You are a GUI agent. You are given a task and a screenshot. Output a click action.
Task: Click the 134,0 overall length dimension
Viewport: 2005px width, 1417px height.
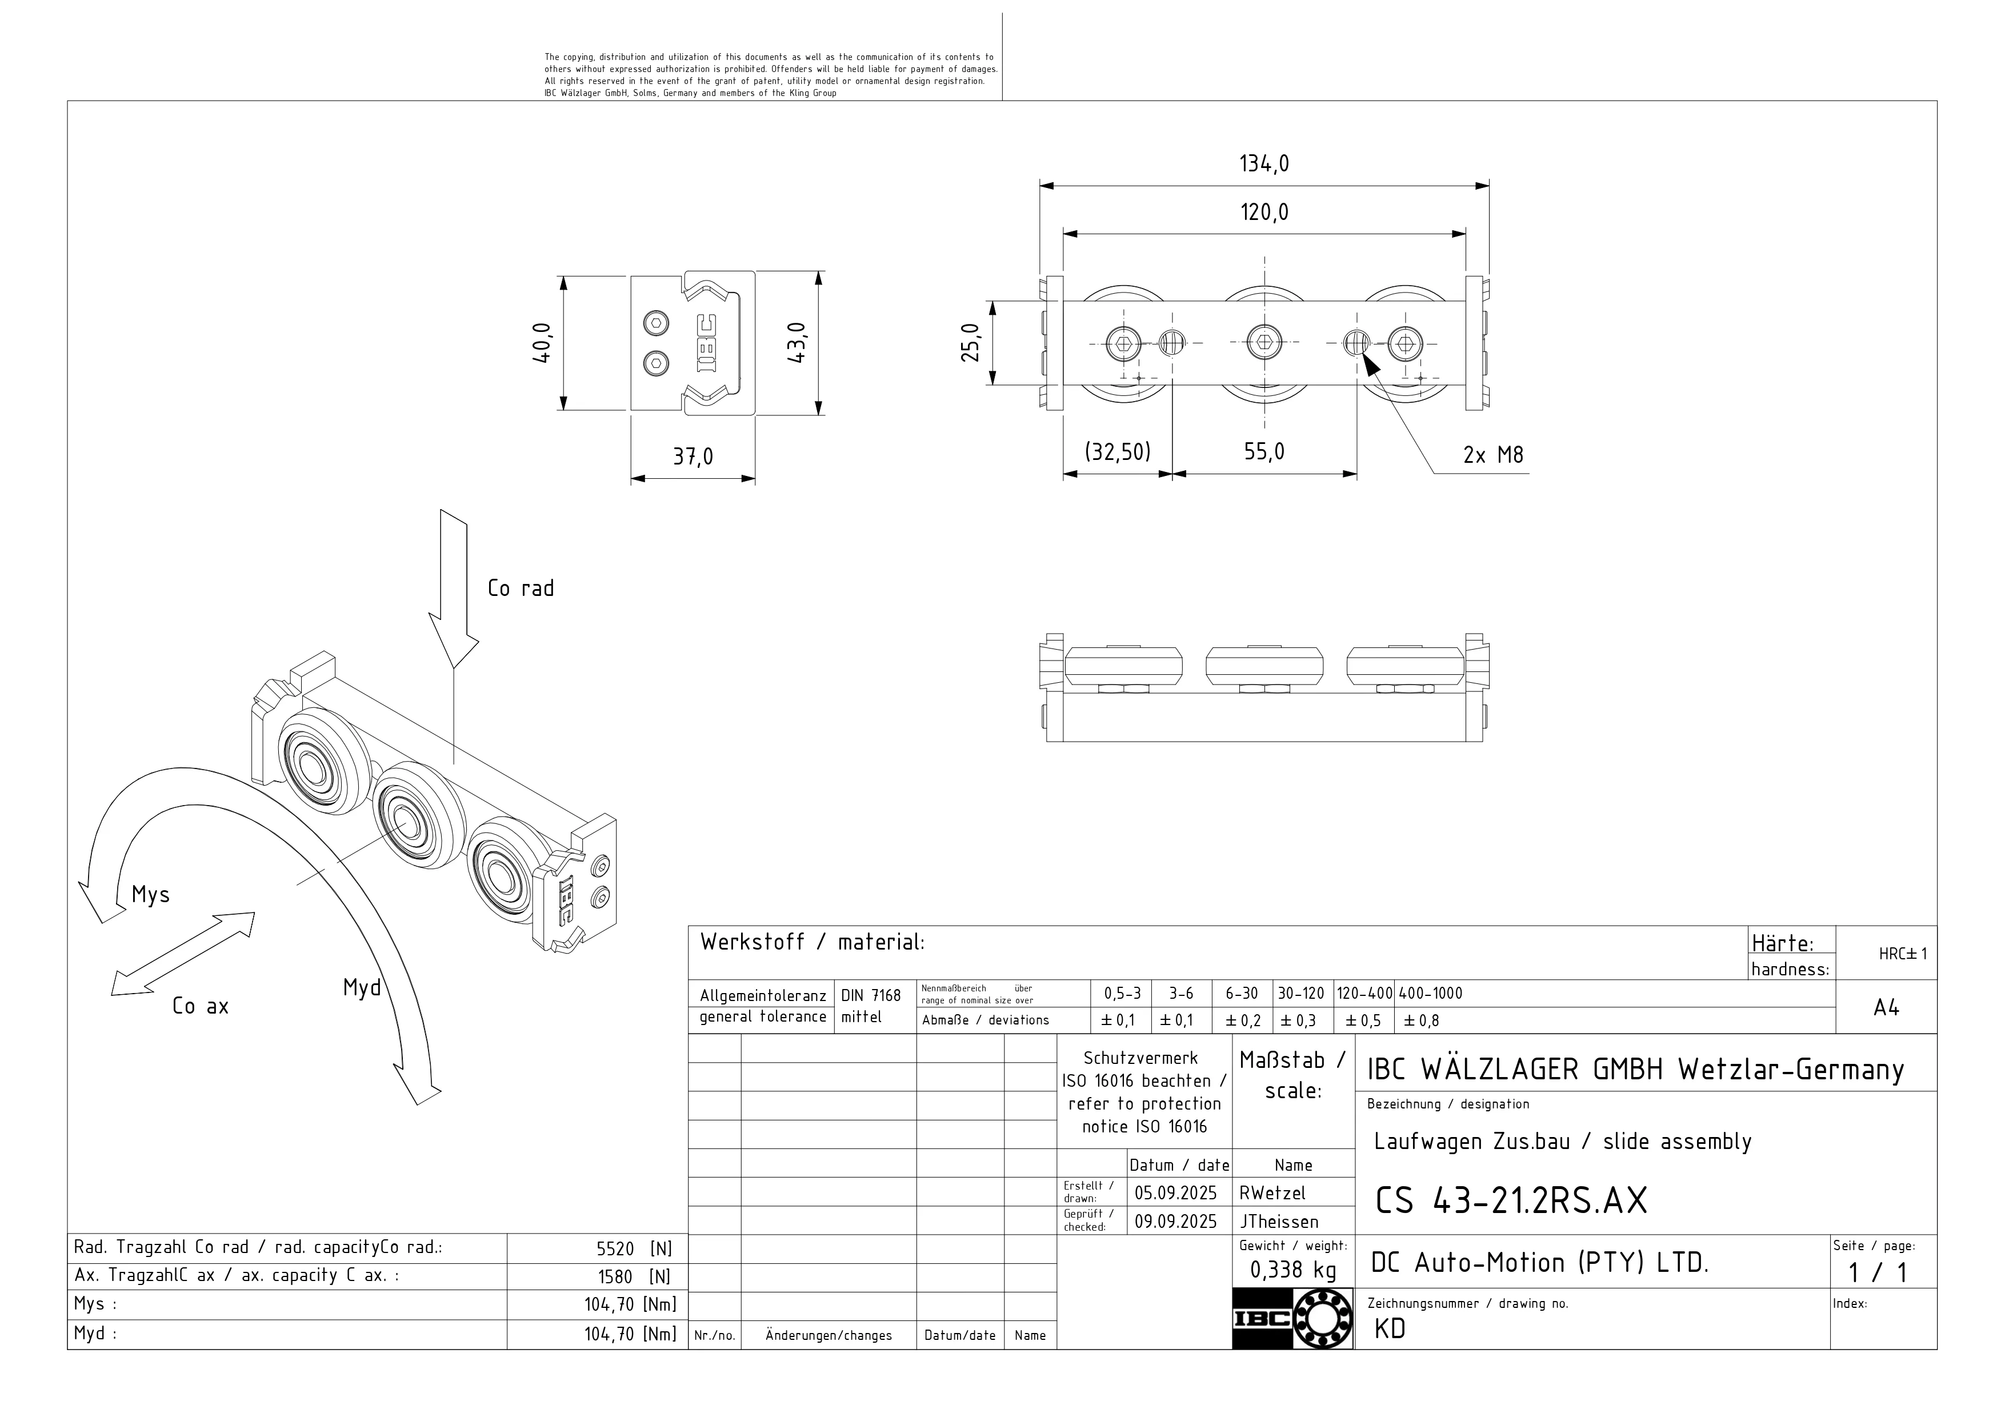[x=1263, y=164]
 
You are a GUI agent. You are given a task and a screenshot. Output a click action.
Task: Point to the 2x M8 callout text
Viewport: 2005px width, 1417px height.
[x=1492, y=455]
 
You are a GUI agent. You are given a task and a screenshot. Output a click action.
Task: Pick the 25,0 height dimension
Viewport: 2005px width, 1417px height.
[x=971, y=342]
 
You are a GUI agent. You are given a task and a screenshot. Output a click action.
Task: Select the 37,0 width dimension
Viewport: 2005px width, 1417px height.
[x=693, y=457]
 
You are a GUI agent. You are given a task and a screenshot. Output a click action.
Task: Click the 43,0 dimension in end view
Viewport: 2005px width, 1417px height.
[x=797, y=342]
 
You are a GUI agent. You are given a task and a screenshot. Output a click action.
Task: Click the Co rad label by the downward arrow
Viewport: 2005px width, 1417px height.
[x=521, y=589]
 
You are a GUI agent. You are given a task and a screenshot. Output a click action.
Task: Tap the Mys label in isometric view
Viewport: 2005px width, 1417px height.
[x=150, y=895]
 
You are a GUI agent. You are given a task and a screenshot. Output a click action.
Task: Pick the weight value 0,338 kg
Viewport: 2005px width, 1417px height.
[x=1292, y=1270]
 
